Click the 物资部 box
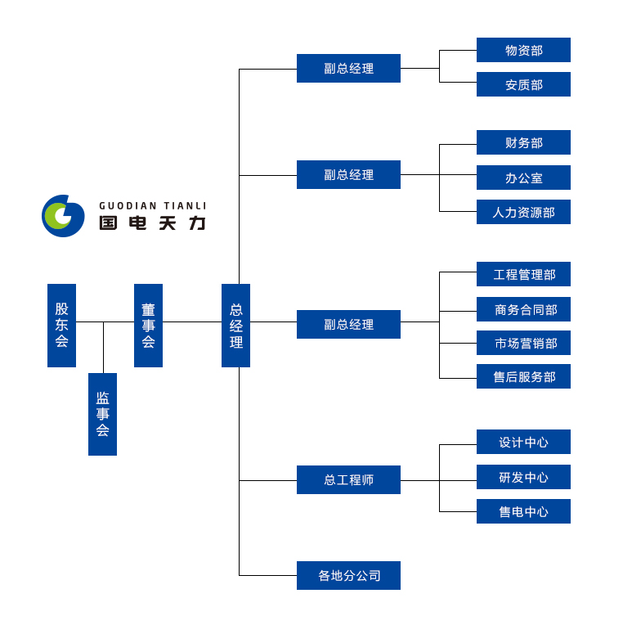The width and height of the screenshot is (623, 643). tap(523, 50)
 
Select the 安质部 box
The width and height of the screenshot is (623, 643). tap(523, 84)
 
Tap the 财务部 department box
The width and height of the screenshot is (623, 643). tap(523, 142)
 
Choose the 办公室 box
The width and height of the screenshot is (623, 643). tap(523, 178)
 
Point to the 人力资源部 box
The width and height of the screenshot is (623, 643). tap(523, 212)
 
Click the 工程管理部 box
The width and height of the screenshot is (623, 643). tap(523, 274)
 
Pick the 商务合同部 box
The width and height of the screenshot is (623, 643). tap(523, 309)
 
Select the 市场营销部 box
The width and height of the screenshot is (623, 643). tap(523, 343)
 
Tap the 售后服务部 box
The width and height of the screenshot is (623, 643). tap(523, 376)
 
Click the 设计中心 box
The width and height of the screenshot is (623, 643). tap(523, 442)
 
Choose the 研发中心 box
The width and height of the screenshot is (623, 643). tap(523, 477)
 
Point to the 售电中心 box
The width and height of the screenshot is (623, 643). tap(523, 511)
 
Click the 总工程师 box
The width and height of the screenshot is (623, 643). tap(348, 479)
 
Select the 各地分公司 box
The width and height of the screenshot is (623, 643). tap(348, 575)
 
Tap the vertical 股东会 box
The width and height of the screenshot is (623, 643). tap(61, 326)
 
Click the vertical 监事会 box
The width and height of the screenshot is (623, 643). tap(102, 414)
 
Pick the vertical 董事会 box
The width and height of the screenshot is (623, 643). tap(148, 326)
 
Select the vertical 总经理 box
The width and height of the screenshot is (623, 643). tap(235, 326)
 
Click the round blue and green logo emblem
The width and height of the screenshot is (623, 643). tap(63, 216)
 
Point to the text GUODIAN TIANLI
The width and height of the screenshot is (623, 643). tap(153, 206)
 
